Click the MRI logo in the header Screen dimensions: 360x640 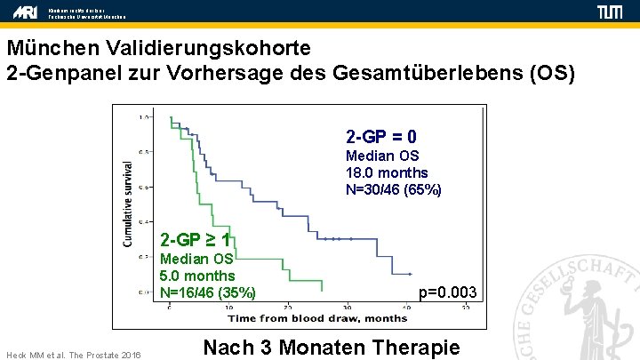tap(25, 12)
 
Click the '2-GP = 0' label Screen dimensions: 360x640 tap(381, 137)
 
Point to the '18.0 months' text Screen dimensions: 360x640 tap(386, 172)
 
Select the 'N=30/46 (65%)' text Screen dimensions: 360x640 tap(393, 189)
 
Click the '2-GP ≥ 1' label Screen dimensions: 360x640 tap(196, 240)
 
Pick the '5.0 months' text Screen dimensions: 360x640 tap(197, 276)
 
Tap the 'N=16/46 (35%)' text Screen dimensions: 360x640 tap(208, 292)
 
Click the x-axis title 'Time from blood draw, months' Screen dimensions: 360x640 tap(305, 318)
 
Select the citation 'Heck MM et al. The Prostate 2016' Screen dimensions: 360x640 tap(73, 354)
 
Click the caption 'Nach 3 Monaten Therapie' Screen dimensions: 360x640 tap(332, 347)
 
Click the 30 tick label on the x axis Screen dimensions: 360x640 tap(347, 308)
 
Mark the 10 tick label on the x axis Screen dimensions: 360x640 tap(228, 308)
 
